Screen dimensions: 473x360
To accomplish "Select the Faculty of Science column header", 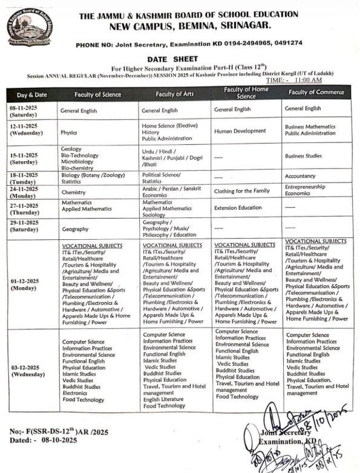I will (x=98, y=94).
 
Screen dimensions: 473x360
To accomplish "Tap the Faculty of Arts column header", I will (x=175, y=94).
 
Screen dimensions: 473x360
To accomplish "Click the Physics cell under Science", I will (x=69, y=131).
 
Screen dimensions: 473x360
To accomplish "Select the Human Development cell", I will (x=240, y=130).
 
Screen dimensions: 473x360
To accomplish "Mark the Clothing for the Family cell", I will (x=242, y=191).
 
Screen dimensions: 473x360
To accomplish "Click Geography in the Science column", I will (x=74, y=229).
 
